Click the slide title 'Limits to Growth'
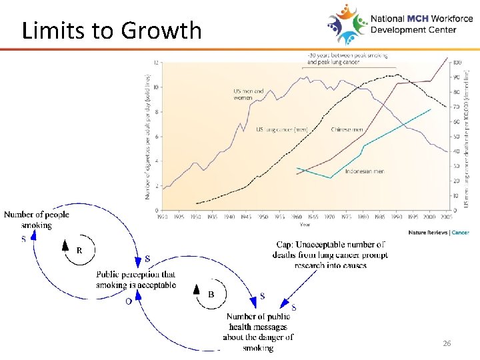pyautogui.click(x=111, y=30)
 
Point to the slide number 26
pyautogui.click(x=447, y=343)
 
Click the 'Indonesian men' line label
pyautogui.click(x=365, y=171)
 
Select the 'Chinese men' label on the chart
pyautogui.click(x=347, y=129)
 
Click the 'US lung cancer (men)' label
pyautogui.click(x=282, y=129)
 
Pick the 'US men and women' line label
pyautogui.click(x=248, y=95)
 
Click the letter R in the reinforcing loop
pyautogui.click(x=79, y=251)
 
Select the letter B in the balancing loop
pyautogui.click(x=211, y=294)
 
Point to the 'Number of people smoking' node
pyautogui.click(x=37, y=220)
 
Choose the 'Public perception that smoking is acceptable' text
pyautogui.click(x=136, y=279)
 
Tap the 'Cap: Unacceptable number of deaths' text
pyautogui.click(x=329, y=255)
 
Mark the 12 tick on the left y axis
pyautogui.click(x=156, y=63)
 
